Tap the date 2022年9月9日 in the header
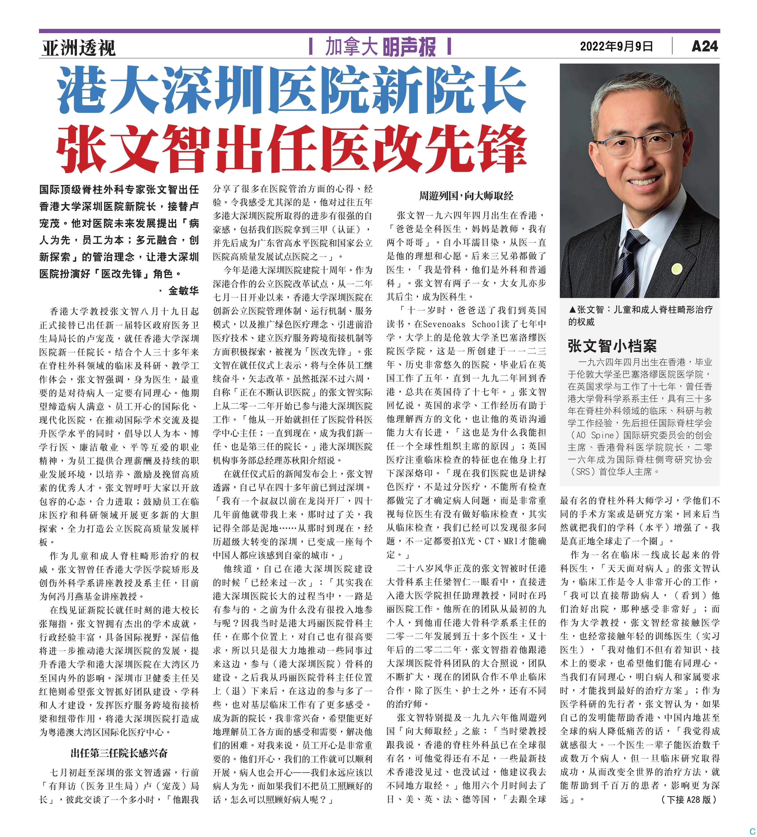[x=616, y=46]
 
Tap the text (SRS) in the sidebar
[x=581, y=472]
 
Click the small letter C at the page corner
[x=752, y=831]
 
